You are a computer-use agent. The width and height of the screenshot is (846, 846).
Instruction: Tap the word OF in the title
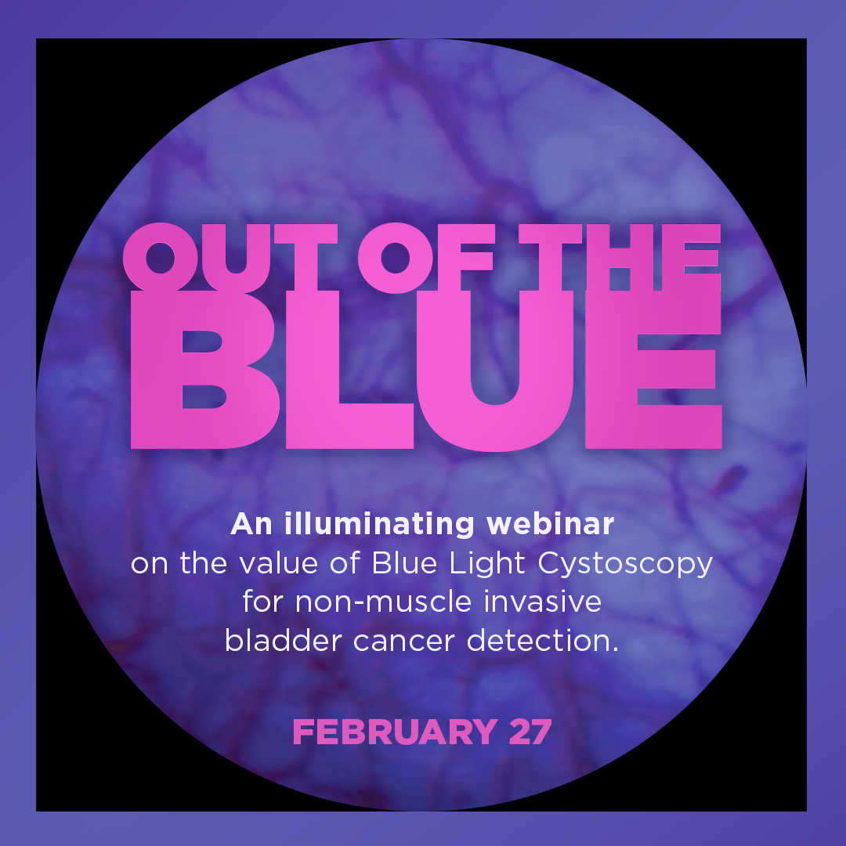[425, 258]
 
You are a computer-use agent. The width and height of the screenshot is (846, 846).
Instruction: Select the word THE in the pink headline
[620, 258]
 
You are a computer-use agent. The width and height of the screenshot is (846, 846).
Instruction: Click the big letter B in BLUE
[204, 370]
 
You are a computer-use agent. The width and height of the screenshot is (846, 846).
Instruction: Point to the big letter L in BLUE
[349, 370]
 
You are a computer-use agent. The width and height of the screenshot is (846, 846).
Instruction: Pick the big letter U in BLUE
[495, 371]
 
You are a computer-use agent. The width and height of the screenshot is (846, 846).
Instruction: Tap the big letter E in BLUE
[653, 370]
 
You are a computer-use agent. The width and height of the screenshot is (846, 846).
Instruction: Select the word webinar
[551, 524]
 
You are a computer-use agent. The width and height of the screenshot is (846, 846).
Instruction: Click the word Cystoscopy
[625, 564]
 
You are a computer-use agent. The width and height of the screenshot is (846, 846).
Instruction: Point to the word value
[278, 563]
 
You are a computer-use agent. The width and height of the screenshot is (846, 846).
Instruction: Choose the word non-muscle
[384, 602]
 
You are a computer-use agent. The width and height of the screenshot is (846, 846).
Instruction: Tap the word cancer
[404, 642]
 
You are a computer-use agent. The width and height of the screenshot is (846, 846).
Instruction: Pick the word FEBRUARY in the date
[395, 732]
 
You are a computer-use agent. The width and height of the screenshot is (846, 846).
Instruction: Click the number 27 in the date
[530, 732]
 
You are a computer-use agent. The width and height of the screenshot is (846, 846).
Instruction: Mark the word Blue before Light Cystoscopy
[404, 563]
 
